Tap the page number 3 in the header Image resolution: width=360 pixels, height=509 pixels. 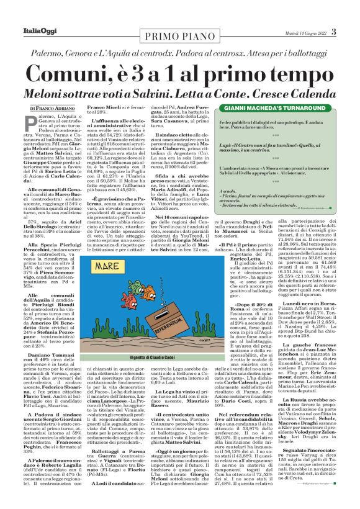pyautogui.click(x=333, y=32)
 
